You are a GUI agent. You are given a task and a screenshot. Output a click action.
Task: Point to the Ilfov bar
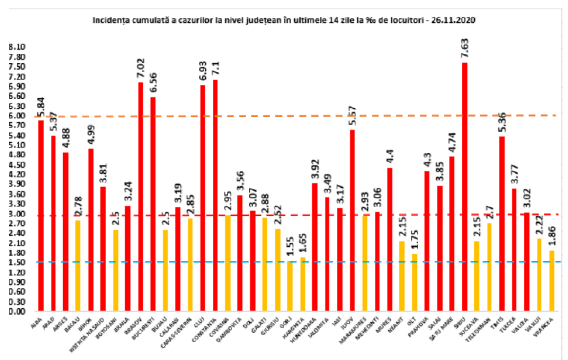[x=352, y=220]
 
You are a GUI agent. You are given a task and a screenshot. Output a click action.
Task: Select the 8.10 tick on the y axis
[x=17, y=47]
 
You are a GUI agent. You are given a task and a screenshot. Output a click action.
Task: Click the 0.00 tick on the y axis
[x=17, y=312]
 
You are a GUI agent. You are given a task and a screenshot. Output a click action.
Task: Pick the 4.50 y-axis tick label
[x=17, y=164]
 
